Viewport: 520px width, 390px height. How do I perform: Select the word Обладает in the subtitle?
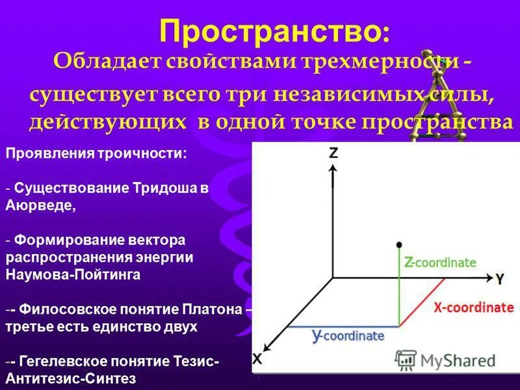click(105, 63)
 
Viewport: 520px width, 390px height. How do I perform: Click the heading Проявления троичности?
click(96, 154)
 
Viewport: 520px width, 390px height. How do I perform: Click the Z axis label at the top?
click(333, 153)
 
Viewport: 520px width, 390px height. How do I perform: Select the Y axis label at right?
click(499, 279)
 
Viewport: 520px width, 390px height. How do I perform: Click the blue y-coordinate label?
click(348, 336)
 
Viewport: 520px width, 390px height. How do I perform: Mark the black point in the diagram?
click(398, 245)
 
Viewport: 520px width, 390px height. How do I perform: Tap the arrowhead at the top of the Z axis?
click(333, 168)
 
